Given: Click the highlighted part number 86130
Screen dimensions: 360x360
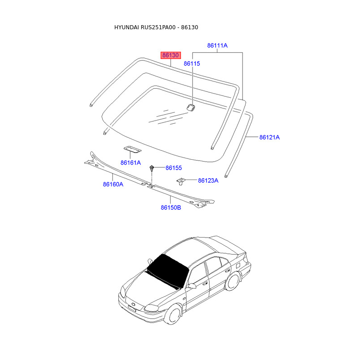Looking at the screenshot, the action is [171, 55].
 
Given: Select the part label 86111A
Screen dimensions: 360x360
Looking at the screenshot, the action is [217, 45].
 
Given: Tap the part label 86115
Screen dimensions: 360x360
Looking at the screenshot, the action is [192, 64].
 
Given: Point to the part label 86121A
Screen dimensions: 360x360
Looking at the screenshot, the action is [270, 137].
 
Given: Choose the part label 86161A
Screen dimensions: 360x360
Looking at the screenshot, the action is [130, 162].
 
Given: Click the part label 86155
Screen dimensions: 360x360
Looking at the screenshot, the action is [174, 168].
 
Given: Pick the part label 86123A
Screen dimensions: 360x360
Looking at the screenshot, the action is [208, 180].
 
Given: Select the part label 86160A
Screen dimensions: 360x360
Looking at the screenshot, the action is [113, 184].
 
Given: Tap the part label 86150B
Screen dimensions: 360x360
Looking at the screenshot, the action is [171, 207].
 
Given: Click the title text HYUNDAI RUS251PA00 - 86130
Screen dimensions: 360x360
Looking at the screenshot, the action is [156, 27].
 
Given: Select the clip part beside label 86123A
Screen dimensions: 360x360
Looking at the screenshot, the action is [181, 181].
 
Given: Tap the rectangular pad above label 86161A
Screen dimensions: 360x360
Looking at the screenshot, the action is [131, 149].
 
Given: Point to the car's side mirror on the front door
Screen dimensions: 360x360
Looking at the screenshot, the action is [192, 286].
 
